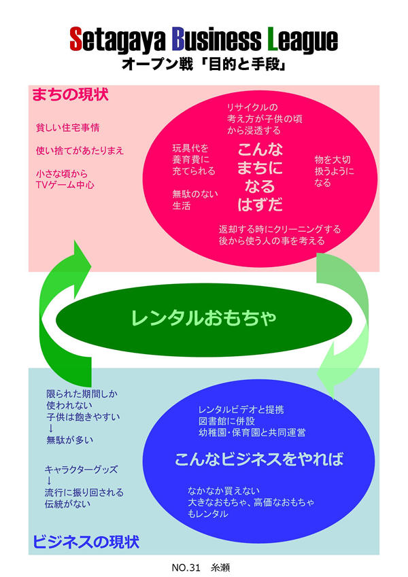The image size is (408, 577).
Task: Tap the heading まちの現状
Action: click(70, 94)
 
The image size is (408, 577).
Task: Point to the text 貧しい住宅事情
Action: click(68, 127)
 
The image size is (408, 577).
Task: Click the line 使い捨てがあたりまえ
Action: click(80, 150)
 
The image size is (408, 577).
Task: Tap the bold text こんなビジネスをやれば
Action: click(258, 459)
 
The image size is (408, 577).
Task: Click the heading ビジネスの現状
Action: click(86, 542)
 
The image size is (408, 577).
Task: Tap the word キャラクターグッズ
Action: click(81, 469)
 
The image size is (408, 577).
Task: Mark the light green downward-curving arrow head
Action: click(334, 381)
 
